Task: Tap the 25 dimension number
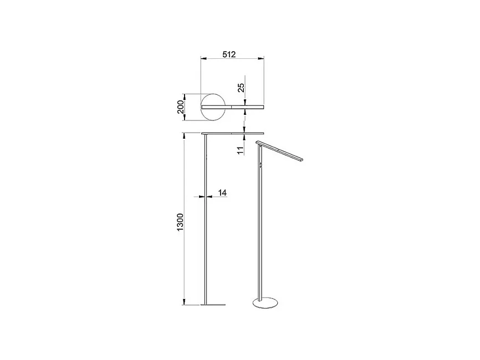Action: (x=241, y=87)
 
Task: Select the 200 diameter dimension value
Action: (x=180, y=107)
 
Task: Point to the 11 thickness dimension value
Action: (x=241, y=150)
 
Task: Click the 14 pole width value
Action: (x=222, y=192)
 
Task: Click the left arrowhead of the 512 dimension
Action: (x=203, y=58)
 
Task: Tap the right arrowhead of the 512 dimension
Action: (x=261, y=58)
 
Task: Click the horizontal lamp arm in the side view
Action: (x=234, y=133)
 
